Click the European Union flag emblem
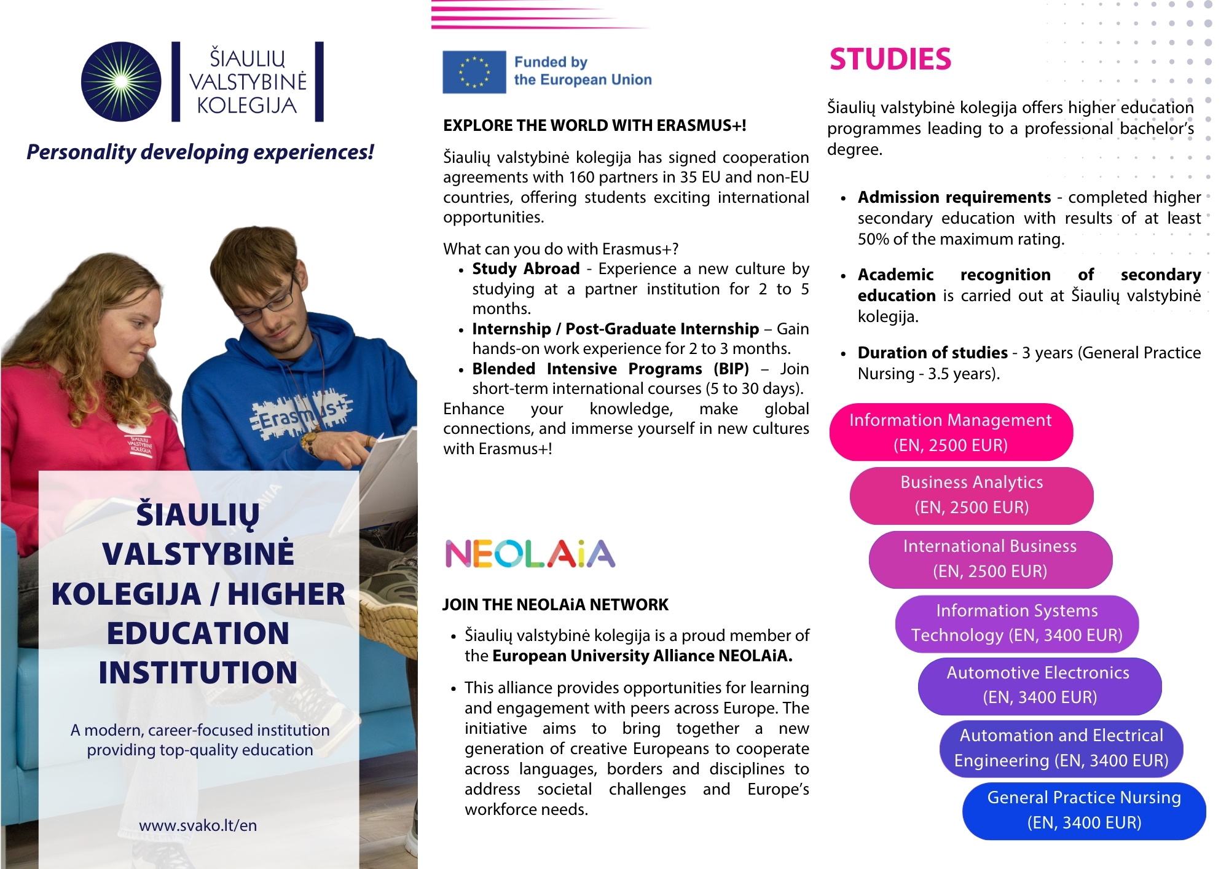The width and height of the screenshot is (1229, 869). coord(474,72)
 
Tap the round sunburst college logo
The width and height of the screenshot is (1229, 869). coord(121,82)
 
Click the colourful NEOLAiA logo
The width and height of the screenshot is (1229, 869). coord(530,554)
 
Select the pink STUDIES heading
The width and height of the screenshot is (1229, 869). coord(890,60)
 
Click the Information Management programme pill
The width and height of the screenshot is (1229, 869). coord(951,432)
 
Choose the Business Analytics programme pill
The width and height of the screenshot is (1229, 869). coord(972,495)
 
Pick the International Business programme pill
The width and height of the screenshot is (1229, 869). coord(990,559)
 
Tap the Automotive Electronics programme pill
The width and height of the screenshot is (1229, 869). coord(1039,685)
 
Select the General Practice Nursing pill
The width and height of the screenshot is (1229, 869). coord(1084,811)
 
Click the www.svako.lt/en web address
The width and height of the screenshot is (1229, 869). coord(198,825)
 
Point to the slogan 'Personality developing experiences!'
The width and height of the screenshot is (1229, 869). coord(200,152)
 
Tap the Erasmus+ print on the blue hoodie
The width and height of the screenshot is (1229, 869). coord(301,416)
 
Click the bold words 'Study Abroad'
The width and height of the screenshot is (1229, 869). coord(525,269)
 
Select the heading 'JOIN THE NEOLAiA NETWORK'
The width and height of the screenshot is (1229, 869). coord(555,605)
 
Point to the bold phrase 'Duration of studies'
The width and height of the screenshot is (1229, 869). coord(932,353)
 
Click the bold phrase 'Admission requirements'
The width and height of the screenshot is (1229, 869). coord(954,197)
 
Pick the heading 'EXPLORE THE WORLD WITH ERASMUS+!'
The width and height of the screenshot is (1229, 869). coord(594,126)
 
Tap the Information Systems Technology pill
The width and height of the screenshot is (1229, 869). coord(1016,623)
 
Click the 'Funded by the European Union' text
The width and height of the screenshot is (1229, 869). coord(582,71)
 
